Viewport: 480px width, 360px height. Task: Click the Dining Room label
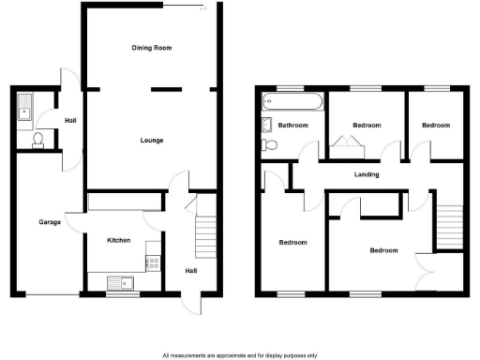click(x=153, y=47)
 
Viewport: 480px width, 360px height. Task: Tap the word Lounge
click(x=153, y=141)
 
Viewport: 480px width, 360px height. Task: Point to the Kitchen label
click(x=118, y=241)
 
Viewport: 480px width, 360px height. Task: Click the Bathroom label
click(x=292, y=125)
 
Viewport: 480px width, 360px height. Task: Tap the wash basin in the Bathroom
click(x=265, y=125)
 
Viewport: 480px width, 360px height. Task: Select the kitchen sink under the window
click(x=122, y=282)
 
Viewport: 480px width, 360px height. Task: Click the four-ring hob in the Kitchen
click(x=152, y=263)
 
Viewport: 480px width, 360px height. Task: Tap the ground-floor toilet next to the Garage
click(x=37, y=140)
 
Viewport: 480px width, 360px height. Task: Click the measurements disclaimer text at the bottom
click(x=239, y=355)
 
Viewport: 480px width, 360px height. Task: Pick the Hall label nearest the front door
click(x=190, y=271)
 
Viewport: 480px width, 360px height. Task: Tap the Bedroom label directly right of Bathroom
click(x=367, y=125)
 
